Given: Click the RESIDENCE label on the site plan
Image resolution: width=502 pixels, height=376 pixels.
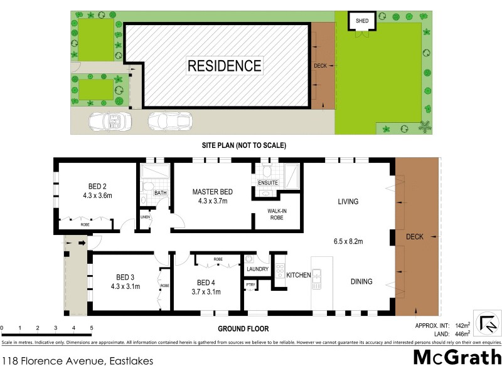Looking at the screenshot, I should (x=224, y=65).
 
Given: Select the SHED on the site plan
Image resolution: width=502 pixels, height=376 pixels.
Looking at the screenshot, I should (x=362, y=21).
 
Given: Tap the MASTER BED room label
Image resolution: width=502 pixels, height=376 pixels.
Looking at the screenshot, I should (x=213, y=191).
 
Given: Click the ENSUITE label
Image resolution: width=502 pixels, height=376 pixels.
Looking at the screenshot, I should (x=268, y=183).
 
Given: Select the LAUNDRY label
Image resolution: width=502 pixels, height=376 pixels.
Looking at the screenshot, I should (x=257, y=269).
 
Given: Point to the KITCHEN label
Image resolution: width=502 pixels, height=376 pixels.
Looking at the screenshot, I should (x=298, y=275).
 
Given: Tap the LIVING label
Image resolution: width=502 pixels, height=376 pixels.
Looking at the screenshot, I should (x=348, y=202).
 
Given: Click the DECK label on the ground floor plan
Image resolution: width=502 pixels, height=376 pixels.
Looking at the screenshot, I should (x=415, y=237).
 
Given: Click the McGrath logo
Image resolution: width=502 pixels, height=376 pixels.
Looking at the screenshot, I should (x=457, y=358).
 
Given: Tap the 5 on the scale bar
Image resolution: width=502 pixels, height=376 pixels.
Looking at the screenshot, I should (x=92, y=328).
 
